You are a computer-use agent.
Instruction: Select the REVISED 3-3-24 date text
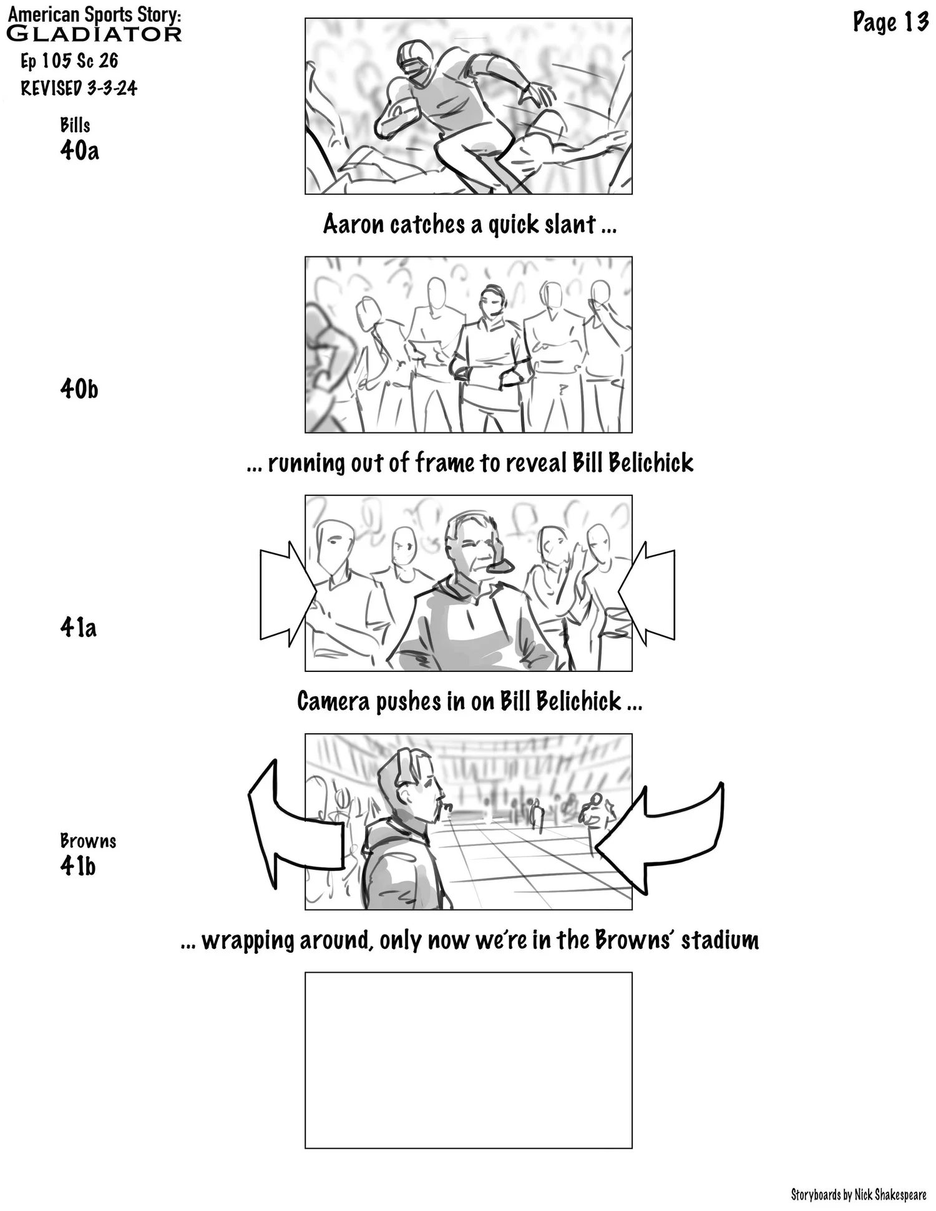coord(79,89)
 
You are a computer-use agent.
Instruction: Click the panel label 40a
coord(79,150)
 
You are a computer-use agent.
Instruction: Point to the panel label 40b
coord(79,389)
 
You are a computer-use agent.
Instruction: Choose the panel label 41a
coord(79,627)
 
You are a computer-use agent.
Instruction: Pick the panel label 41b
coord(78,866)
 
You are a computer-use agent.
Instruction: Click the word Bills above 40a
coord(75,125)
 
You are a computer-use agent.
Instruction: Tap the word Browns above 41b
coord(88,841)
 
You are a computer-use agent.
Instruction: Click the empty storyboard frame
coord(468,1059)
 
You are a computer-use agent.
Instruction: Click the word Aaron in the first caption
coord(353,225)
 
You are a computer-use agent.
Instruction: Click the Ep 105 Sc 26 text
coord(69,61)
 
